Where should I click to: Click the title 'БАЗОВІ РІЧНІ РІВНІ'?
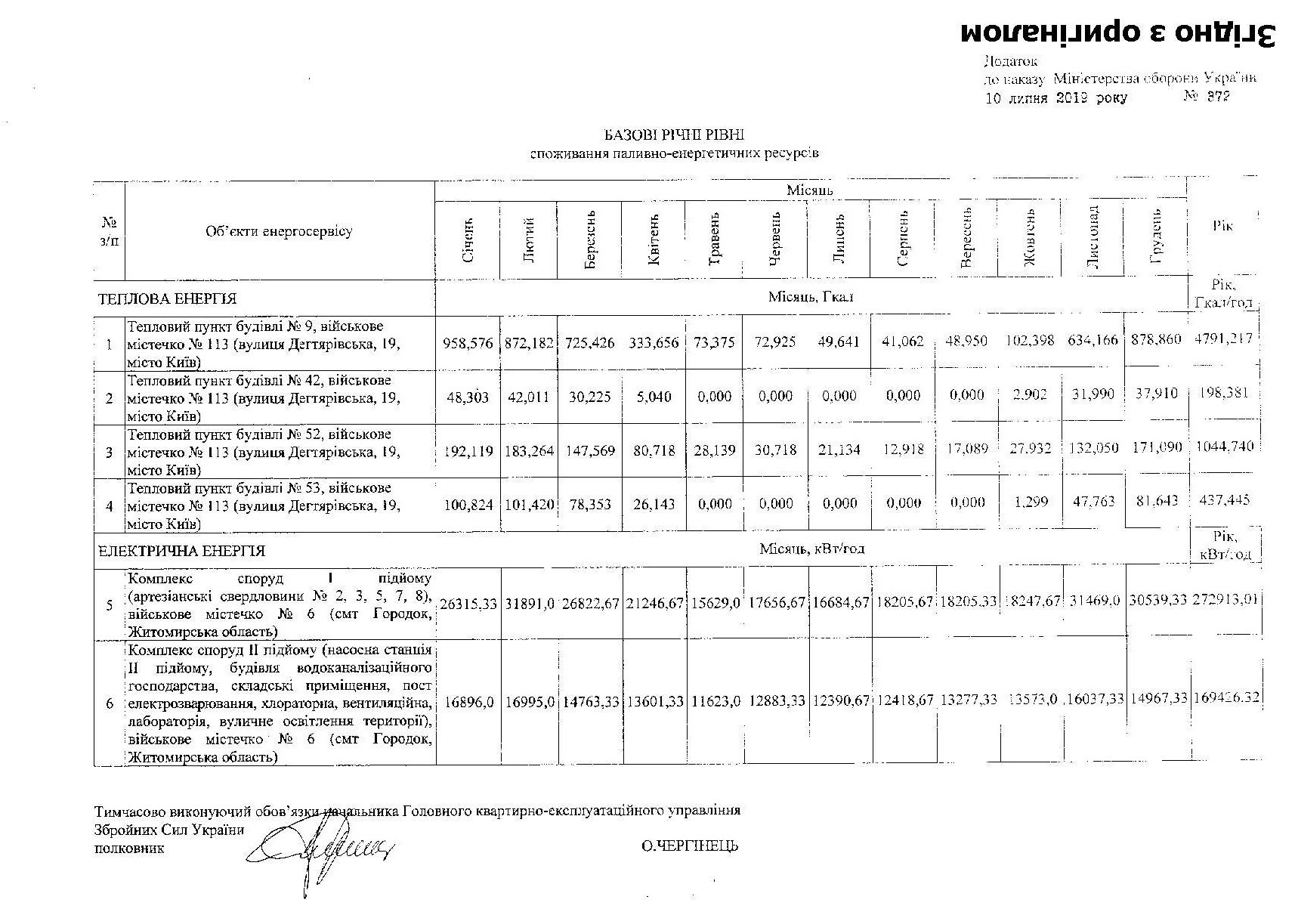click(674, 134)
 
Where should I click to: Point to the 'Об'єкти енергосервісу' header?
click(279, 231)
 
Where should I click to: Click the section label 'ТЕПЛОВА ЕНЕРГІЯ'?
click(167, 298)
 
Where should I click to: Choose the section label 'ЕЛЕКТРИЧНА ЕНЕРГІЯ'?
click(181, 552)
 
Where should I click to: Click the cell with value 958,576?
click(468, 342)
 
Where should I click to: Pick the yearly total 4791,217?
click(1223, 338)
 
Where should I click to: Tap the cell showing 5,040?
click(654, 397)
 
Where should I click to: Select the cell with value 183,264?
click(529, 451)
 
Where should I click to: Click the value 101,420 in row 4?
click(529, 505)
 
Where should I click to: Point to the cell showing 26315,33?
click(468, 604)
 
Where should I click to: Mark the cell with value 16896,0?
click(468, 702)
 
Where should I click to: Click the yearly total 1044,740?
click(1224, 447)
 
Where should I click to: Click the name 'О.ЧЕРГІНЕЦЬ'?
click(689, 846)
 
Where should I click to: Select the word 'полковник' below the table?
click(128, 849)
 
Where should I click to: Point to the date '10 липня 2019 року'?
click(1055, 98)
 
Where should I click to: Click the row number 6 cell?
click(110, 703)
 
